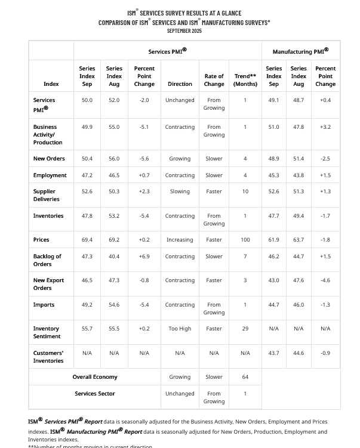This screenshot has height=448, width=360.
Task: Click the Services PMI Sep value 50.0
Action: pyautogui.click(x=87, y=100)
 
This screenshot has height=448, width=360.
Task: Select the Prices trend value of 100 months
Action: pyautogui.click(x=245, y=240)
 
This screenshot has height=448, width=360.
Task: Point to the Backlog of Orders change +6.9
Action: pyautogui.click(x=144, y=257)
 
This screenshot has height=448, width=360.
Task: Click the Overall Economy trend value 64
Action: pyautogui.click(x=245, y=377)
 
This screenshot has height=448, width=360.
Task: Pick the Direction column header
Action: pyautogui.click(x=180, y=84)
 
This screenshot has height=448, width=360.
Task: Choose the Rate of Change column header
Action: pyautogui.click(x=214, y=80)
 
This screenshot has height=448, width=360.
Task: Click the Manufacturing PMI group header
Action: pyautogui.click(x=300, y=51)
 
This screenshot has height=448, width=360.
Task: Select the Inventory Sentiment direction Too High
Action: pyautogui.click(x=180, y=329)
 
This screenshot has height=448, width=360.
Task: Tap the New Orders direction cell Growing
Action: pyautogui.click(x=180, y=159)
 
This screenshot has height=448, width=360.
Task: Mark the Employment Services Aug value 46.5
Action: pyautogui.click(x=114, y=175)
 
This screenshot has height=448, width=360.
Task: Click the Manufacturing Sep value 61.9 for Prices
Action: pyautogui.click(x=274, y=240)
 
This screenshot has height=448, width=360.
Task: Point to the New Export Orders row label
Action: pyautogui.click(x=47, y=284)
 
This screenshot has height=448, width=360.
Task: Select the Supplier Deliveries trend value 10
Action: pyautogui.click(x=245, y=191)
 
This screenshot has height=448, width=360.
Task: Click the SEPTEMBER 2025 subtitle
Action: pyautogui.click(x=184, y=30)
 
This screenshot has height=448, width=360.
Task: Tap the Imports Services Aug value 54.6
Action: pyautogui.click(x=114, y=305)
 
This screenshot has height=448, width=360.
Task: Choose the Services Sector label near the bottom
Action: pyautogui.click(x=95, y=394)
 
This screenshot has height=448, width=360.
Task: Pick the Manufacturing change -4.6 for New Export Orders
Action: pyautogui.click(x=325, y=280)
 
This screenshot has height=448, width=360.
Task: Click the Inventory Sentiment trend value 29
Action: pyautogui.click(x=245, y=329)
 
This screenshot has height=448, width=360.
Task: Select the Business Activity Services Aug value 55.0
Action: pyautogui.click(x=114, y=127)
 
